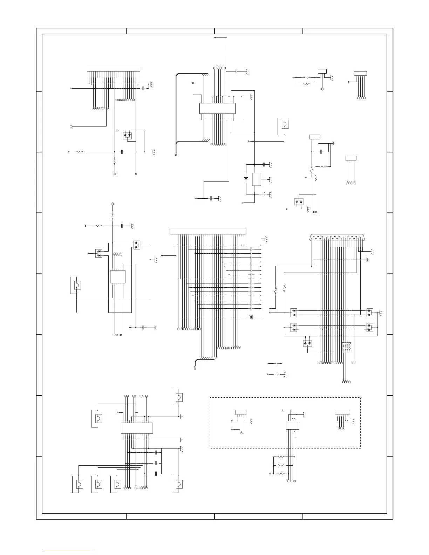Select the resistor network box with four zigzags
pos(346,347)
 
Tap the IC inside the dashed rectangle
pos(292,425)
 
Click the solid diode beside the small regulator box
pos(246,178)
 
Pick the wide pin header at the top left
pos(113,69)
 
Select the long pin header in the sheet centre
pos(208,231)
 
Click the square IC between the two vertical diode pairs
pos(118,276)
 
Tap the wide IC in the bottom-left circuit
pos(137,428)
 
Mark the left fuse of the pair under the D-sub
pos(275,291)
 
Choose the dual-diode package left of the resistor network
pos(307,343)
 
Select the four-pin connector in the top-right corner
pos(360,73)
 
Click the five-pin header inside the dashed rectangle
pos(342,412)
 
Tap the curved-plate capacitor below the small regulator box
pos(264,194)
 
